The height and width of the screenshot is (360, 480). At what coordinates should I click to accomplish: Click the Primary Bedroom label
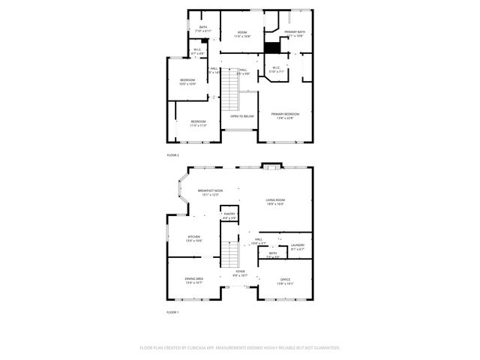(285, 115)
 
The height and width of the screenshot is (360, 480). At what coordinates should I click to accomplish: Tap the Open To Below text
(241, 116)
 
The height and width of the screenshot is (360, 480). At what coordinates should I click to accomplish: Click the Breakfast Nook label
(210, 192)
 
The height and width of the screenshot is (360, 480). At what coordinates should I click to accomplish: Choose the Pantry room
(229, 215)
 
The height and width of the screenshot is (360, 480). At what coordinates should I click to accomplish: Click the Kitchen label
(193, 238)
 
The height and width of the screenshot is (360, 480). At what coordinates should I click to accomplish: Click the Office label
(285, 280)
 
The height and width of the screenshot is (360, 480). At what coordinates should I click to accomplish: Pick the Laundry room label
(297, 246)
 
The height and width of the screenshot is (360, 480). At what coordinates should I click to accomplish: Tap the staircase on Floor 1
(229, 255)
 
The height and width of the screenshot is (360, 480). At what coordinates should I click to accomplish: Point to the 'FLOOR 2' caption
(172, 155)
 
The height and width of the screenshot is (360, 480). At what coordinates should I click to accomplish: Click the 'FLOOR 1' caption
(172, 311)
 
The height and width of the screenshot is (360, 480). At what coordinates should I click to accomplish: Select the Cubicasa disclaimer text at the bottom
(240, 348)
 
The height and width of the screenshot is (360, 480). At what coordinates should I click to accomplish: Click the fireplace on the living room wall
(270, 166)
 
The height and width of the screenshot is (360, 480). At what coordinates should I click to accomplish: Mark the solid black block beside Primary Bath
(271, 46)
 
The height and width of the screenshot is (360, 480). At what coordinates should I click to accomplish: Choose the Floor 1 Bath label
(273, 254)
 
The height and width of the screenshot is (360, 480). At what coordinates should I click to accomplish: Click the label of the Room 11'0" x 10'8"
(242, 34)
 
